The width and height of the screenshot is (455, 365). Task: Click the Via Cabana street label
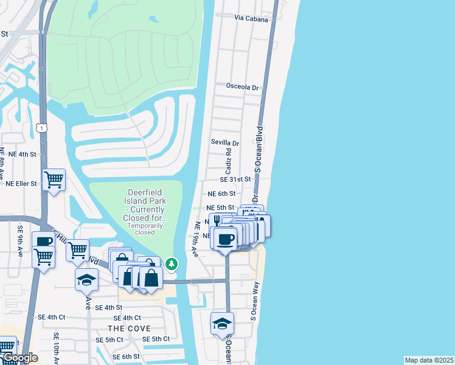252,18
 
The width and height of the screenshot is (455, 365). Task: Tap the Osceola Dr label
242,87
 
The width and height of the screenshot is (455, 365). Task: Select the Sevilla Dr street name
225,143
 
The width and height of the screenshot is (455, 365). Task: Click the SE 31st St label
235,179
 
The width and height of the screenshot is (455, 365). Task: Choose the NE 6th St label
221,193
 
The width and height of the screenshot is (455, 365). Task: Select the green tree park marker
172,263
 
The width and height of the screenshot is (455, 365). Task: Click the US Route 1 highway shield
41,127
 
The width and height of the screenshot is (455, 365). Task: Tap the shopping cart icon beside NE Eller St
54,179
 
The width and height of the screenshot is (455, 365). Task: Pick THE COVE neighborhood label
131,328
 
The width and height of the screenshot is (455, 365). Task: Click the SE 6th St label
126,356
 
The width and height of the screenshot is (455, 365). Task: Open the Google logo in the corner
19,358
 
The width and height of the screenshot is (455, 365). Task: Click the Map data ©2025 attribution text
429,360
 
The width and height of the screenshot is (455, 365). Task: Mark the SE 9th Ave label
21,241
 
